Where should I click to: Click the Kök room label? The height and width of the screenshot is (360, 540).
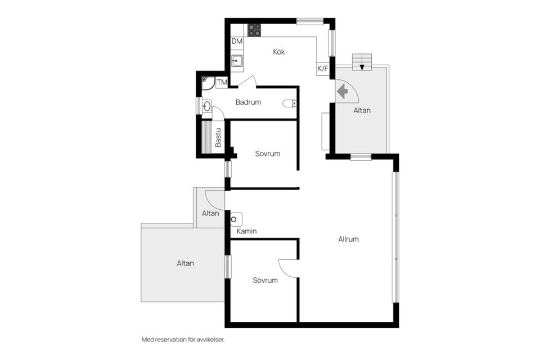(279, 52)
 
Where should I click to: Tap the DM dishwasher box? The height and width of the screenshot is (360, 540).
(237, 41)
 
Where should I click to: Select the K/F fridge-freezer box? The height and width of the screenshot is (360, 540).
(323, 69)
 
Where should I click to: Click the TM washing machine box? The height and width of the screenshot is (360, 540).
(222, 82)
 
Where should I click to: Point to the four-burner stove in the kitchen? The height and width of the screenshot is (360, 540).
(254, 30)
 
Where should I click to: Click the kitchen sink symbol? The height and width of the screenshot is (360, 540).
(237, 61)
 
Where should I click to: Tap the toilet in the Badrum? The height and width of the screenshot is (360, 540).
(290, 103)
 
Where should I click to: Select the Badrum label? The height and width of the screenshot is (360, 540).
(248, 102)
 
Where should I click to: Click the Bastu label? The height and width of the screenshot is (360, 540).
(218, 137)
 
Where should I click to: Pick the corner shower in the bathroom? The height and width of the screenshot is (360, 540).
(208, 83)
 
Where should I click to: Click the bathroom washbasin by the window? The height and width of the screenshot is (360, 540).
(206, 106)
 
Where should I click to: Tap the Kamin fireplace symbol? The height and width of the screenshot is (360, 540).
(236, 219)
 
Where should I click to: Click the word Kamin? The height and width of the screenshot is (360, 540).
(246, 231)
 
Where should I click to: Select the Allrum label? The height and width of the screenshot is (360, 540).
(349, 239)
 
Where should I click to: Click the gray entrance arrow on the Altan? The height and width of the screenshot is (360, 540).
(343, 92)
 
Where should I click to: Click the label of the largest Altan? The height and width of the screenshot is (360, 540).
(185, 263)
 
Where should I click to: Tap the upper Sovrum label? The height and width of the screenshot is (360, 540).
(268, 154)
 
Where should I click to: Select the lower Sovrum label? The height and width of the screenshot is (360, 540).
(265, 281)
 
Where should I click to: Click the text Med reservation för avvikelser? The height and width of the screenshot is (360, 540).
(183, 340)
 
